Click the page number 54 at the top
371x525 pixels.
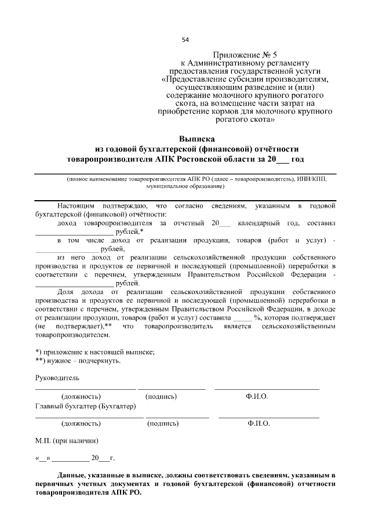(x=185, y=40)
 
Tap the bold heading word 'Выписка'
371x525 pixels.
(x=197, y=139)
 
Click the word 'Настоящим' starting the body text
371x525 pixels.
(x=77, y=206)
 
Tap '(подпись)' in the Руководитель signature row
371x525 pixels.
(x=162, y=396)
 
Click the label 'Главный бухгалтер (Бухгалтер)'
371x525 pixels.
(x=85, y=405)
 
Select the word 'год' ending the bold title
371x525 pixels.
(x=297, y=158)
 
